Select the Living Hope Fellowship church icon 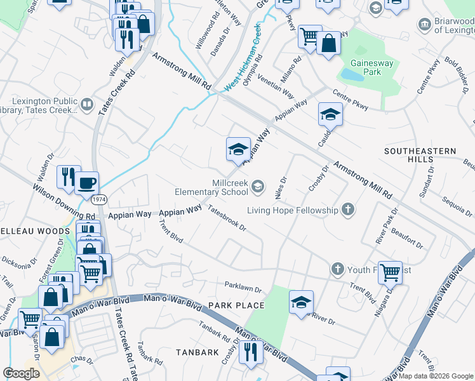point(347,210)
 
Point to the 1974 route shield point(99,199)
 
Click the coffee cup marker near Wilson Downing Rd point(87,184)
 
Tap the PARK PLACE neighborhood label point(236,305)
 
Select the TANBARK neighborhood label point(198,352)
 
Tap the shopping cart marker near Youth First point(390,272)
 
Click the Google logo point(21,373)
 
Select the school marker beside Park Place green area point(302,302)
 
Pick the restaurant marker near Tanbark point(251,351)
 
